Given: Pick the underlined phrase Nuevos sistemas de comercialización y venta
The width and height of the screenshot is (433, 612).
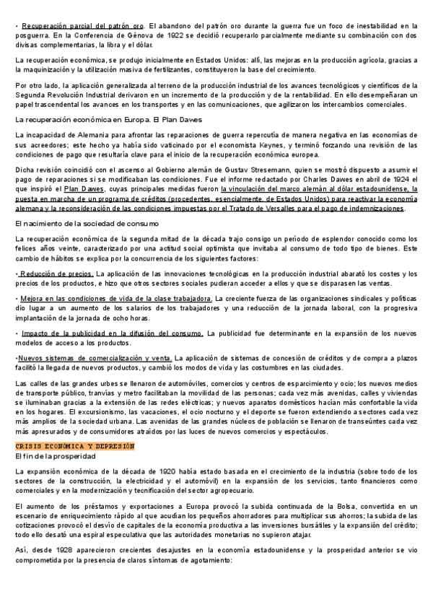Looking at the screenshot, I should click(95, 358).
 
